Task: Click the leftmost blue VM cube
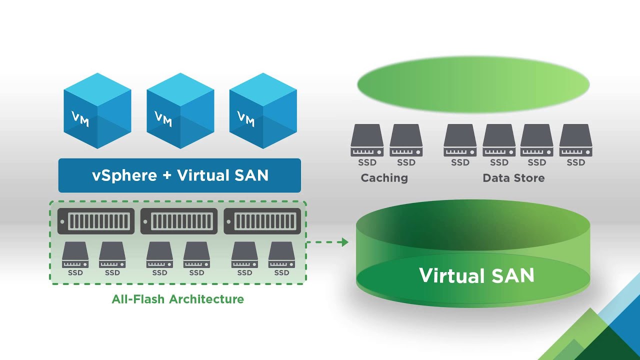97,111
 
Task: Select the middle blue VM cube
180,111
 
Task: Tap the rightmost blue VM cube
263,111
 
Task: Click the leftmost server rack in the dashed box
96,221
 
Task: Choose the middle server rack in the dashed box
179,221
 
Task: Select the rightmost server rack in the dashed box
262,221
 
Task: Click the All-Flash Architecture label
178,299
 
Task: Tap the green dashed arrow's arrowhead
343,242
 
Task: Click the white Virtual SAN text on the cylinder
476,275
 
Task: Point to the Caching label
384,178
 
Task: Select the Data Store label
513,178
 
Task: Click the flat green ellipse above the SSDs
473,84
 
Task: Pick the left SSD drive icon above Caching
367,140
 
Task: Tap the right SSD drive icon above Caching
406,140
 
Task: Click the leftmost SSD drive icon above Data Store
460,140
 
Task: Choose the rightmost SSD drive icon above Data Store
575,140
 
